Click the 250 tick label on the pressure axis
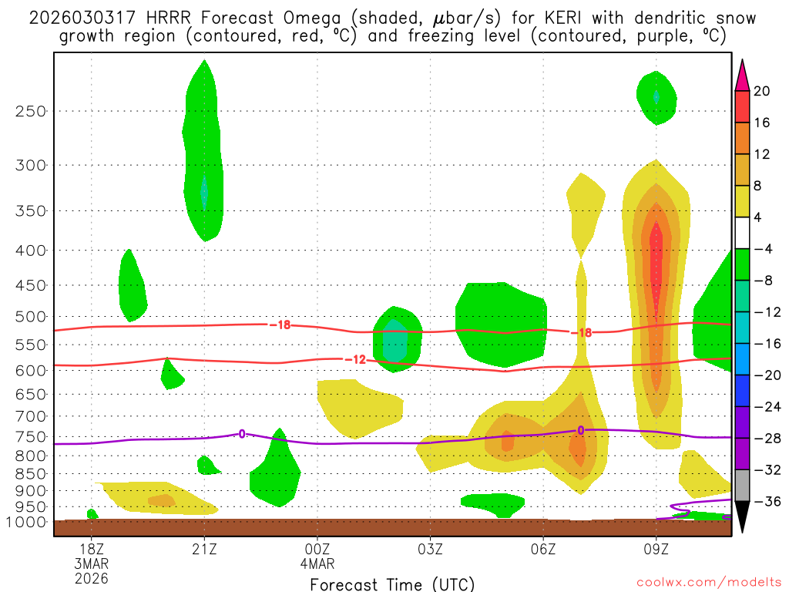coord(32,111)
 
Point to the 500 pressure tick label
coord(32,317)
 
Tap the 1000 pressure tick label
coord(28,523)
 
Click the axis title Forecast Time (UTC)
coord(392,584)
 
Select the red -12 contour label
coord(355,359)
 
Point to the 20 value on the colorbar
coord(762,91)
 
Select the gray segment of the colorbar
coord(742,485)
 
